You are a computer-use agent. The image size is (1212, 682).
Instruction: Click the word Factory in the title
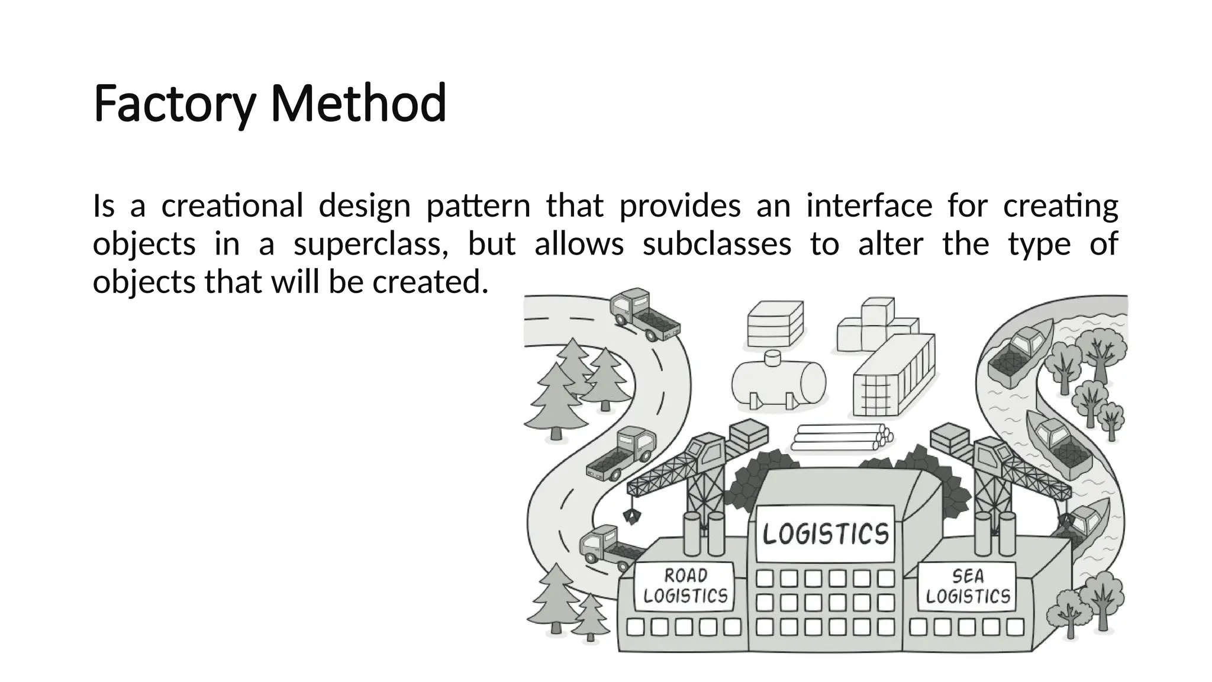click(x=174, y=104)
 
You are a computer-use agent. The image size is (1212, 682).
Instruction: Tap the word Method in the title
click(x=358, y=104)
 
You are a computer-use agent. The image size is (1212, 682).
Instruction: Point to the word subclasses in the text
click(x=717, y=244)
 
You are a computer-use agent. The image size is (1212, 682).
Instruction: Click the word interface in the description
click(x=869, y=206)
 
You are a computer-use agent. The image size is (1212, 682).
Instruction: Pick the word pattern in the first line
click(x=478, y=206)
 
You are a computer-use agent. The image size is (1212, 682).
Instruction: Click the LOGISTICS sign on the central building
click(x=826, y=533)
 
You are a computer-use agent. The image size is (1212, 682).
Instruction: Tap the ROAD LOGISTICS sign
click(x=685, y=586)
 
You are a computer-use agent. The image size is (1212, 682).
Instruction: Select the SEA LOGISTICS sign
click(x=968, y=586)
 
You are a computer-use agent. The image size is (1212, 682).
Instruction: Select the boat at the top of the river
click(x=1017, y=354)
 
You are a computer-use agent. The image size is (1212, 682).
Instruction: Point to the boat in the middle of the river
click(x=1059, y=445)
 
